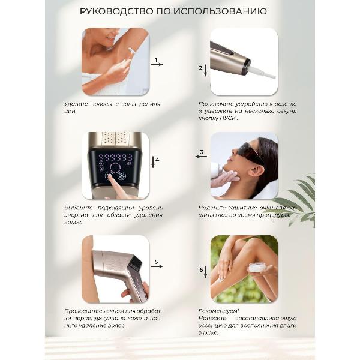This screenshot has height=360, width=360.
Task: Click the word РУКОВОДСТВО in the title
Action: [116, 11]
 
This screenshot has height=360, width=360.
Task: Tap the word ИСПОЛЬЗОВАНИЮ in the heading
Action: [220, 11]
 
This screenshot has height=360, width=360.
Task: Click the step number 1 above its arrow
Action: [156, 60]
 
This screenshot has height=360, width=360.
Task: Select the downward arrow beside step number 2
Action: [205, 70]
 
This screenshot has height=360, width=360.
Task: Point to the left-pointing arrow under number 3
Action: [201, 157]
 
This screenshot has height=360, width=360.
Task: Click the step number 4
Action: [157, 160]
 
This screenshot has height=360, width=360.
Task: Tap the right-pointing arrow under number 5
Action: [157, 266]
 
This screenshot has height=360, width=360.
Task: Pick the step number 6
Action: [201, 270]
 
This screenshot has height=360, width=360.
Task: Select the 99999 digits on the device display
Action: [116, 157]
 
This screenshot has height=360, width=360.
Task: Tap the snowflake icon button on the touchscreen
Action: [122, 176]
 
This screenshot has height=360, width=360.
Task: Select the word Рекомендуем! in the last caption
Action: [218, 311]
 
